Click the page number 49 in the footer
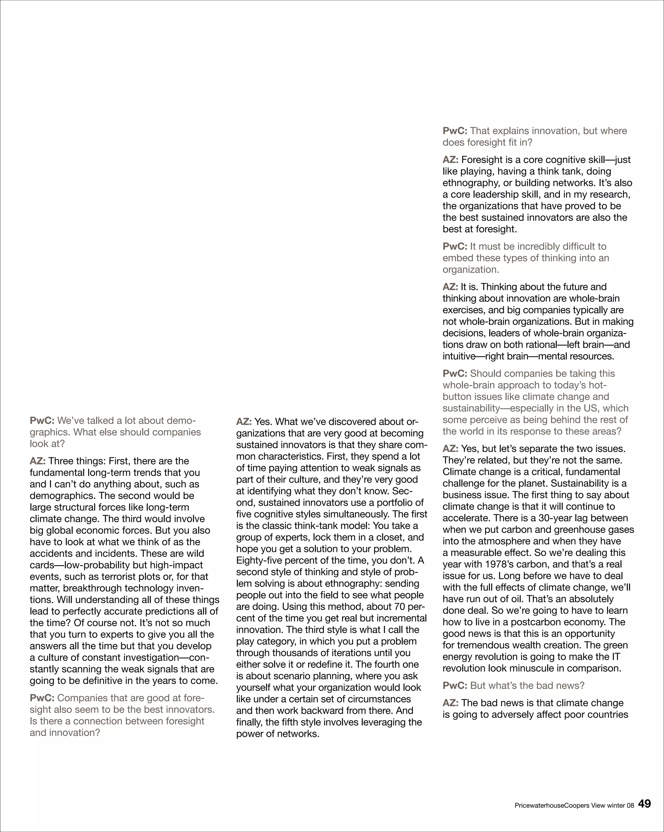pyautogui.click(x=644, y=804)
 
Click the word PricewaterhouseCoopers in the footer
pyautogui.click(x=552, y=806)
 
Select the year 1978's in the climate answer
pyautogui.click(x=492, y=565)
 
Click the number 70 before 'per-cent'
pyautogui.click(x=397, y=607)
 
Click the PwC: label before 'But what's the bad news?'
pyautogui.click(x=455, y=686)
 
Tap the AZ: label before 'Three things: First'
pyautogui.click(x=37, y=461)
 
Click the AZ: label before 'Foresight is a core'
pyautogui.click(x=450, y=160)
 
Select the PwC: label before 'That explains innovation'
pyautogui.click(x=455, y=131)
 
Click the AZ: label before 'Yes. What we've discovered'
pyautogui.click(x=244, y=422)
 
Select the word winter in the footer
pyautogui.click(x=616, y=806)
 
